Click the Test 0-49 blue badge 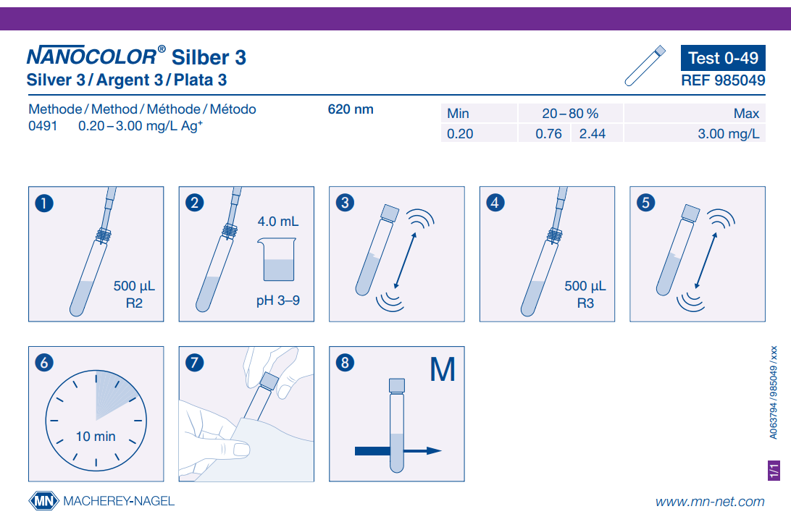tap(723, 58)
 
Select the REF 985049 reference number tap(723, 80)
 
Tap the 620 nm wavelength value tap(351, 109)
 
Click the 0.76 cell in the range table tap(549, 134)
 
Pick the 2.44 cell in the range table tap(593, 134)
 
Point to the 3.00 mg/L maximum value tap(728, 134)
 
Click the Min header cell tap(458, 114)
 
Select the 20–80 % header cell tap(570, 114)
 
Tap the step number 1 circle tap(44, 203)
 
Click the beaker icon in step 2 tap(277, 259)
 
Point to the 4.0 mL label tap(278, 222)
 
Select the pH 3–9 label tap(278, 300)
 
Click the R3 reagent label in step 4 tap(585, 303)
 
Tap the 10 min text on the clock tap(96, 436)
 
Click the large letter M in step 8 tap(443, 370)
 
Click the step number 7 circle tap(195, 363)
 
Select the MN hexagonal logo tap(44, 501)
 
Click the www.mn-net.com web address tap(710, 502)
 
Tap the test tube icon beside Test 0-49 tap(645, 66)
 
